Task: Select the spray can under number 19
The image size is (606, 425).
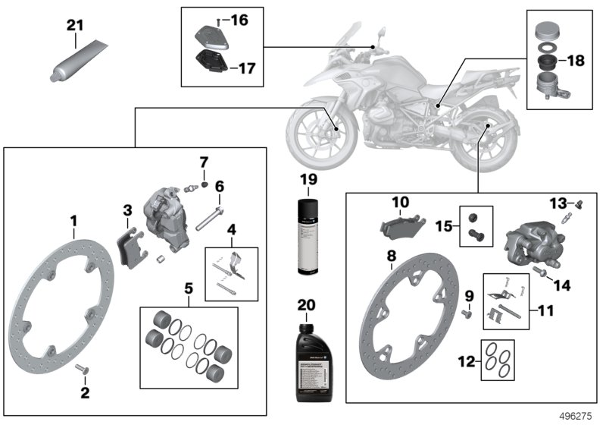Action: [x=308, y=237]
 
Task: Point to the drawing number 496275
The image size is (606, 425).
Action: [x=578, y=416]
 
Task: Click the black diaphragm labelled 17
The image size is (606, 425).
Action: [x=211, y=64]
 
